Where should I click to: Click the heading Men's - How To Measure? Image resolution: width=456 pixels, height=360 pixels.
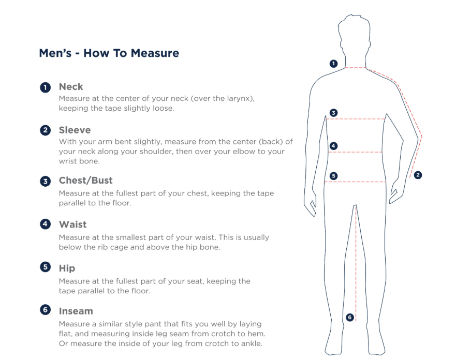coord(109,53)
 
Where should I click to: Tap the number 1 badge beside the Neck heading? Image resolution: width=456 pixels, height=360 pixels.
coord(46,87)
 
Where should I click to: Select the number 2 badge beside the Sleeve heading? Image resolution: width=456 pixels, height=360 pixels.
coord(46,130)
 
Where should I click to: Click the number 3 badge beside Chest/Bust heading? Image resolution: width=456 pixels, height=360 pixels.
coord(46,182)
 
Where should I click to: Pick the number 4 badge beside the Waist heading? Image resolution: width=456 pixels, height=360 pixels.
coord(46,224)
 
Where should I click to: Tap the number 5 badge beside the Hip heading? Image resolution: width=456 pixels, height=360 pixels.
coord(46,267)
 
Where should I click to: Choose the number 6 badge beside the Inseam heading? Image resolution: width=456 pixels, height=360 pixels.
coord(46,310)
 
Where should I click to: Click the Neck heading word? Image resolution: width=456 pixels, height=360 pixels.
coord(71,86)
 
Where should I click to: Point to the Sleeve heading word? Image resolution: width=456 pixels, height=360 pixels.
coord(75,130)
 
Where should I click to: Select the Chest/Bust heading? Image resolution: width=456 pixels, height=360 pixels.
coord(86,181)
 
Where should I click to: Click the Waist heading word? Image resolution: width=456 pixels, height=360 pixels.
coord(72,224)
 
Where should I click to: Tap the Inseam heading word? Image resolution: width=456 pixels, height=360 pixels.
coord(76,311)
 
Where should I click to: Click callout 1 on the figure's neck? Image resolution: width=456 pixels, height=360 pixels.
coord(333,64)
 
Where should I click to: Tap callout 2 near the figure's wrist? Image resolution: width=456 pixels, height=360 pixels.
coord(418,175)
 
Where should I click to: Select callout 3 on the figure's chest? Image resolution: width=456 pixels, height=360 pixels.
coord(333,113)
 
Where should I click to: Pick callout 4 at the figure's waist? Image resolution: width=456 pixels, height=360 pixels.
coord(333,146)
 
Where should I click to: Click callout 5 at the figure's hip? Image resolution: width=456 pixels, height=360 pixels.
coord(333,176)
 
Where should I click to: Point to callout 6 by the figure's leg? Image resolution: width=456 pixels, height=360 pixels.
coord(350,317)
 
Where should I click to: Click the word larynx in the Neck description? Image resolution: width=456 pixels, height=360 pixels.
coord(239,99)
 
